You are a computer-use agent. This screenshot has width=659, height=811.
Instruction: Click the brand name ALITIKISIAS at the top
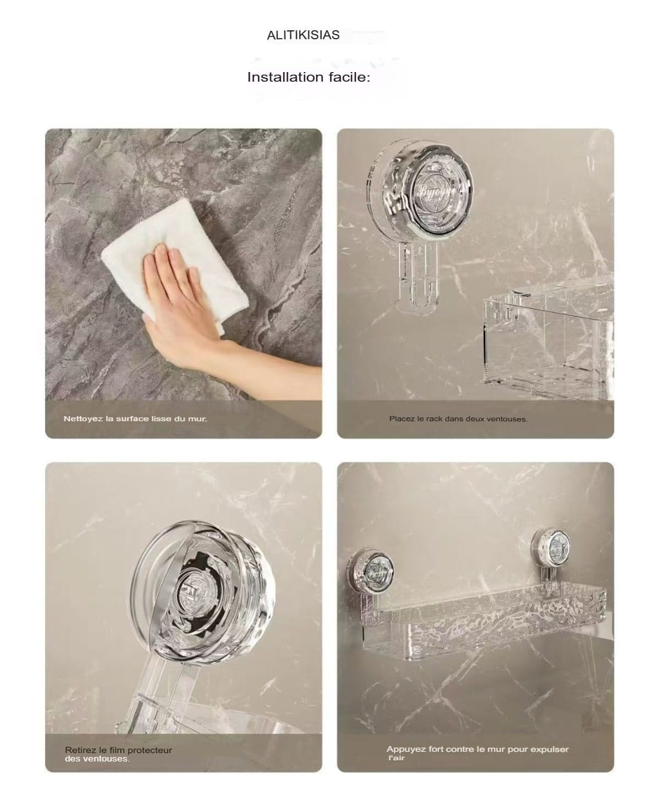303,35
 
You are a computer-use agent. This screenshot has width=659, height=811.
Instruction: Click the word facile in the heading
349,77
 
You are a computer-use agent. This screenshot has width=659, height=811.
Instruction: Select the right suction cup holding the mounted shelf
551,549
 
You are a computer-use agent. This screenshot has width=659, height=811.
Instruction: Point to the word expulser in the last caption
550,750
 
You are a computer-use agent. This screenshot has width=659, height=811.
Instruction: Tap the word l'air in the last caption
396,758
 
